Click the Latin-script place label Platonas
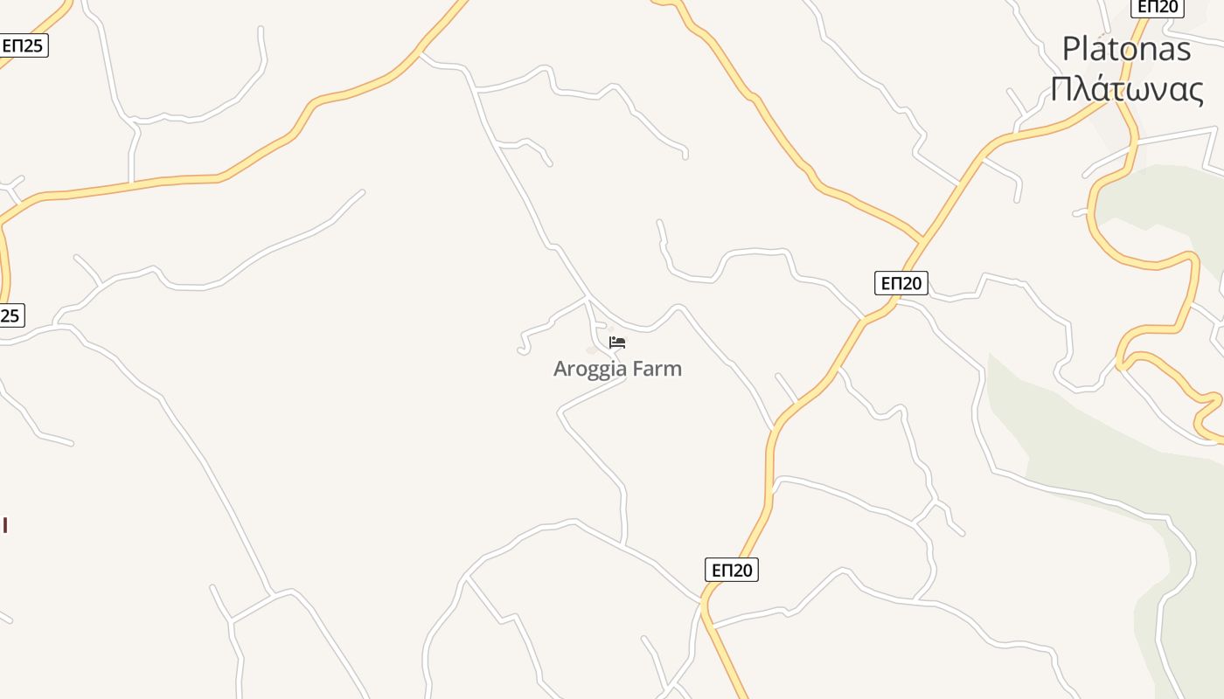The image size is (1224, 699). tap(1126, 49)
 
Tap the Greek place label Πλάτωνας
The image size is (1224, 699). tap(1127, 89)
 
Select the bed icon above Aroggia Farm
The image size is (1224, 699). tap(617, 343)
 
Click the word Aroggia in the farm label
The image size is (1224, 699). tap(590, 369)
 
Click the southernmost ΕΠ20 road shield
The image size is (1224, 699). tap(732, 570)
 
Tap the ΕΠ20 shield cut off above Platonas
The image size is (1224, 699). tap(1157, 7)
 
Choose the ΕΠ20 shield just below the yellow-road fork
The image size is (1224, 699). tap(901, 283)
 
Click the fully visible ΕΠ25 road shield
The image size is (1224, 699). tap(23, 45)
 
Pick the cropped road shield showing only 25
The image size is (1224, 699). tap(10, 315)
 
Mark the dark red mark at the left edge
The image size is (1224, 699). tap(5, 524)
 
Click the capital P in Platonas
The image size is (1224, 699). tap(1070, 49)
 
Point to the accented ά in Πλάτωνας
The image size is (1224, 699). tap(1102, 89)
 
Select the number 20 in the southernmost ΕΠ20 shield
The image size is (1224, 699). tap(742, 570)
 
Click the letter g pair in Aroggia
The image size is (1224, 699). tap(604, 370)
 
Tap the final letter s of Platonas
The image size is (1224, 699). tap(1183, 50)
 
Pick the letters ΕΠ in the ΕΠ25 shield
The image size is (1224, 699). tap(12, 45)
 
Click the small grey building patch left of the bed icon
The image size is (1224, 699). tap(592, 350)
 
